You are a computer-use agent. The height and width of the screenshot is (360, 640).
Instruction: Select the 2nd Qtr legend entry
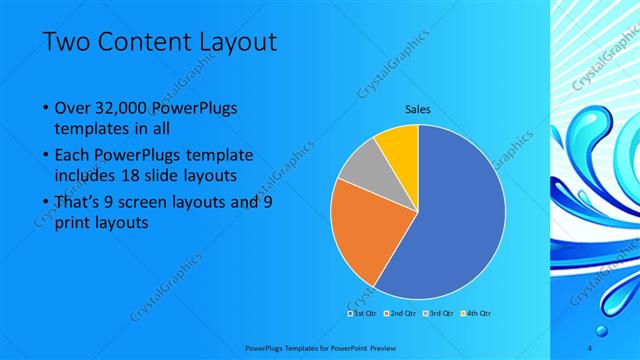point(400,312)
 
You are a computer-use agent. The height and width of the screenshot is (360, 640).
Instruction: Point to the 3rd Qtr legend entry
point(439,312)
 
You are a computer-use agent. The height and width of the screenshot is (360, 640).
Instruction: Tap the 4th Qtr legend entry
point(477,312)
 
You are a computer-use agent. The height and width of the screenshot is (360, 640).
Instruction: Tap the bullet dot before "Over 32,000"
point(44,107)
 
